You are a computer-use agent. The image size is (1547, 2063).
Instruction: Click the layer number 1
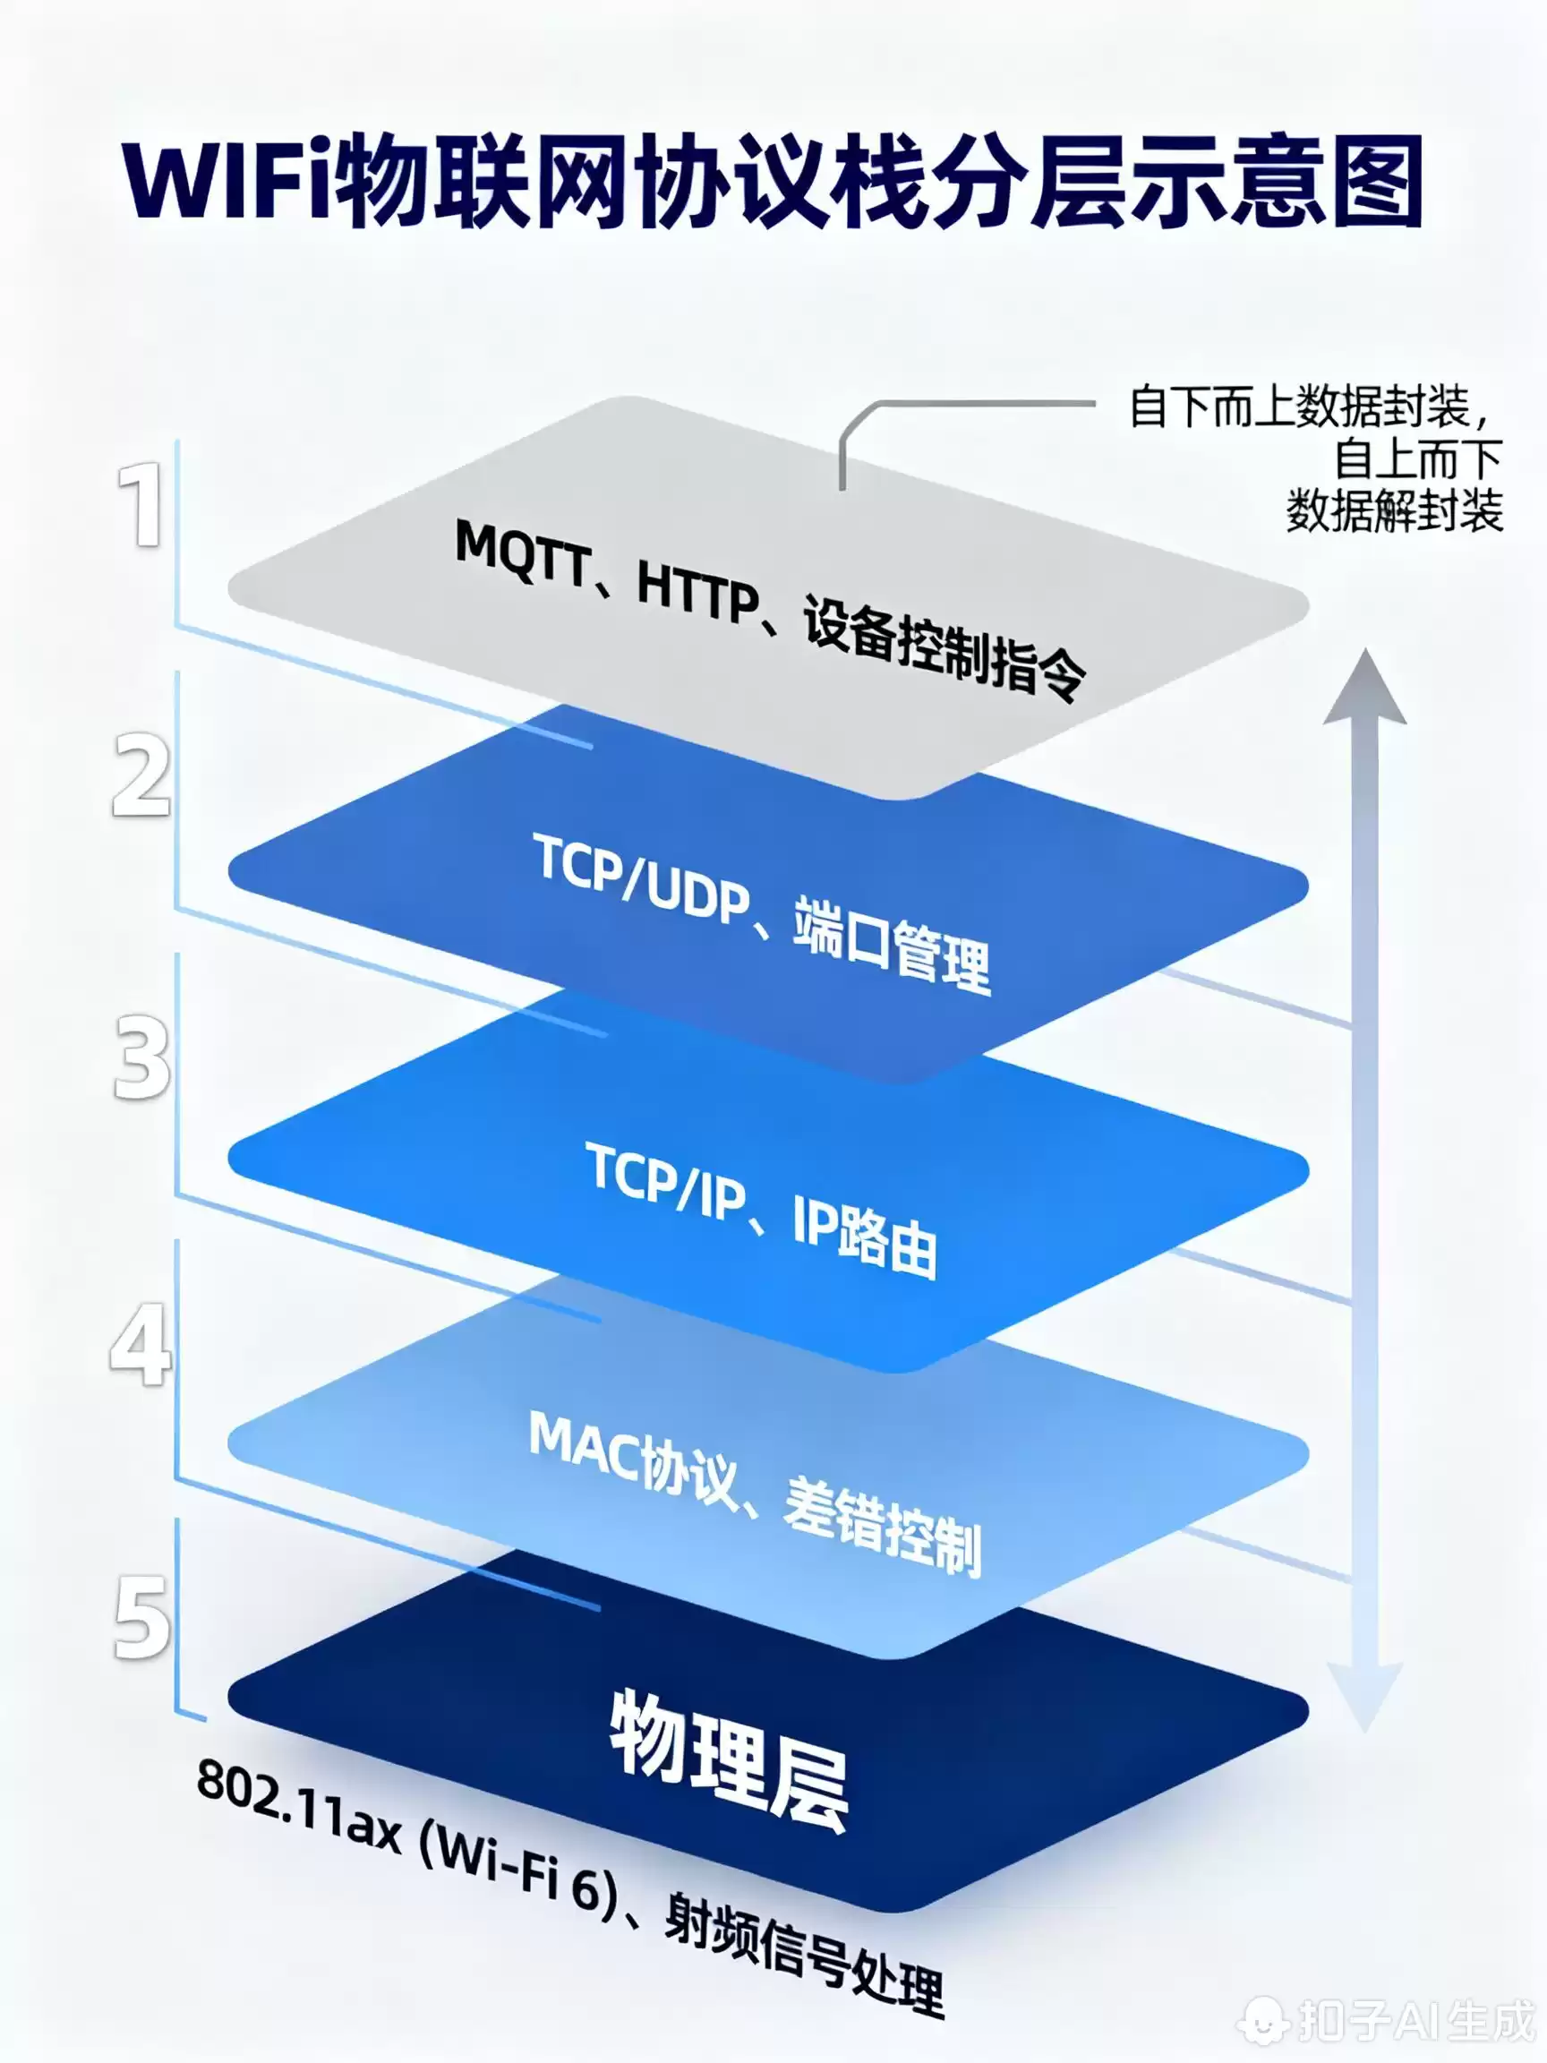(141, 506)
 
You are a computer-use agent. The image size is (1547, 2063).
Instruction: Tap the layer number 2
(141, 775)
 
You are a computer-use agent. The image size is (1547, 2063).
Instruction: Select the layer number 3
(141, 1058)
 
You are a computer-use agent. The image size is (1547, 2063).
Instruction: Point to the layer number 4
(141, 1344)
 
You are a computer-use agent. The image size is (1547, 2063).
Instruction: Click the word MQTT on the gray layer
(522, 555)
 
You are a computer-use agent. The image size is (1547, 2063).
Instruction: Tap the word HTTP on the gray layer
(697, 593)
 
